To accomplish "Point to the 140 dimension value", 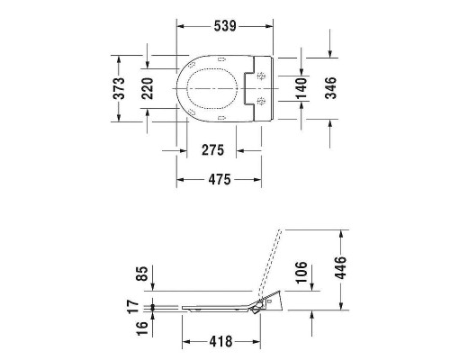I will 301,87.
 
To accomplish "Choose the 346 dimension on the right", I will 329,87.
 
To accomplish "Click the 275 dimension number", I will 211,149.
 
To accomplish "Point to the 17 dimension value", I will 131,305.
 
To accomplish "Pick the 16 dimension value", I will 131,328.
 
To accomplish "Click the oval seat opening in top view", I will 211,87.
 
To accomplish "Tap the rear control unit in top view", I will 261,87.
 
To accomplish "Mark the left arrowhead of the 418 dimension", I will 185,342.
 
